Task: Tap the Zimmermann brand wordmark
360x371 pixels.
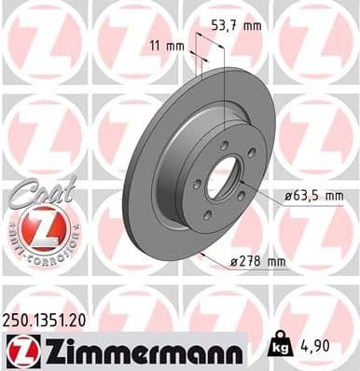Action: click(x=141, y=350)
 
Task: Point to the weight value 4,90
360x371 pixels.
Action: click(x=320, y=347)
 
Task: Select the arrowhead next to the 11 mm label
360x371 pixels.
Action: click(x=192, y=54)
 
